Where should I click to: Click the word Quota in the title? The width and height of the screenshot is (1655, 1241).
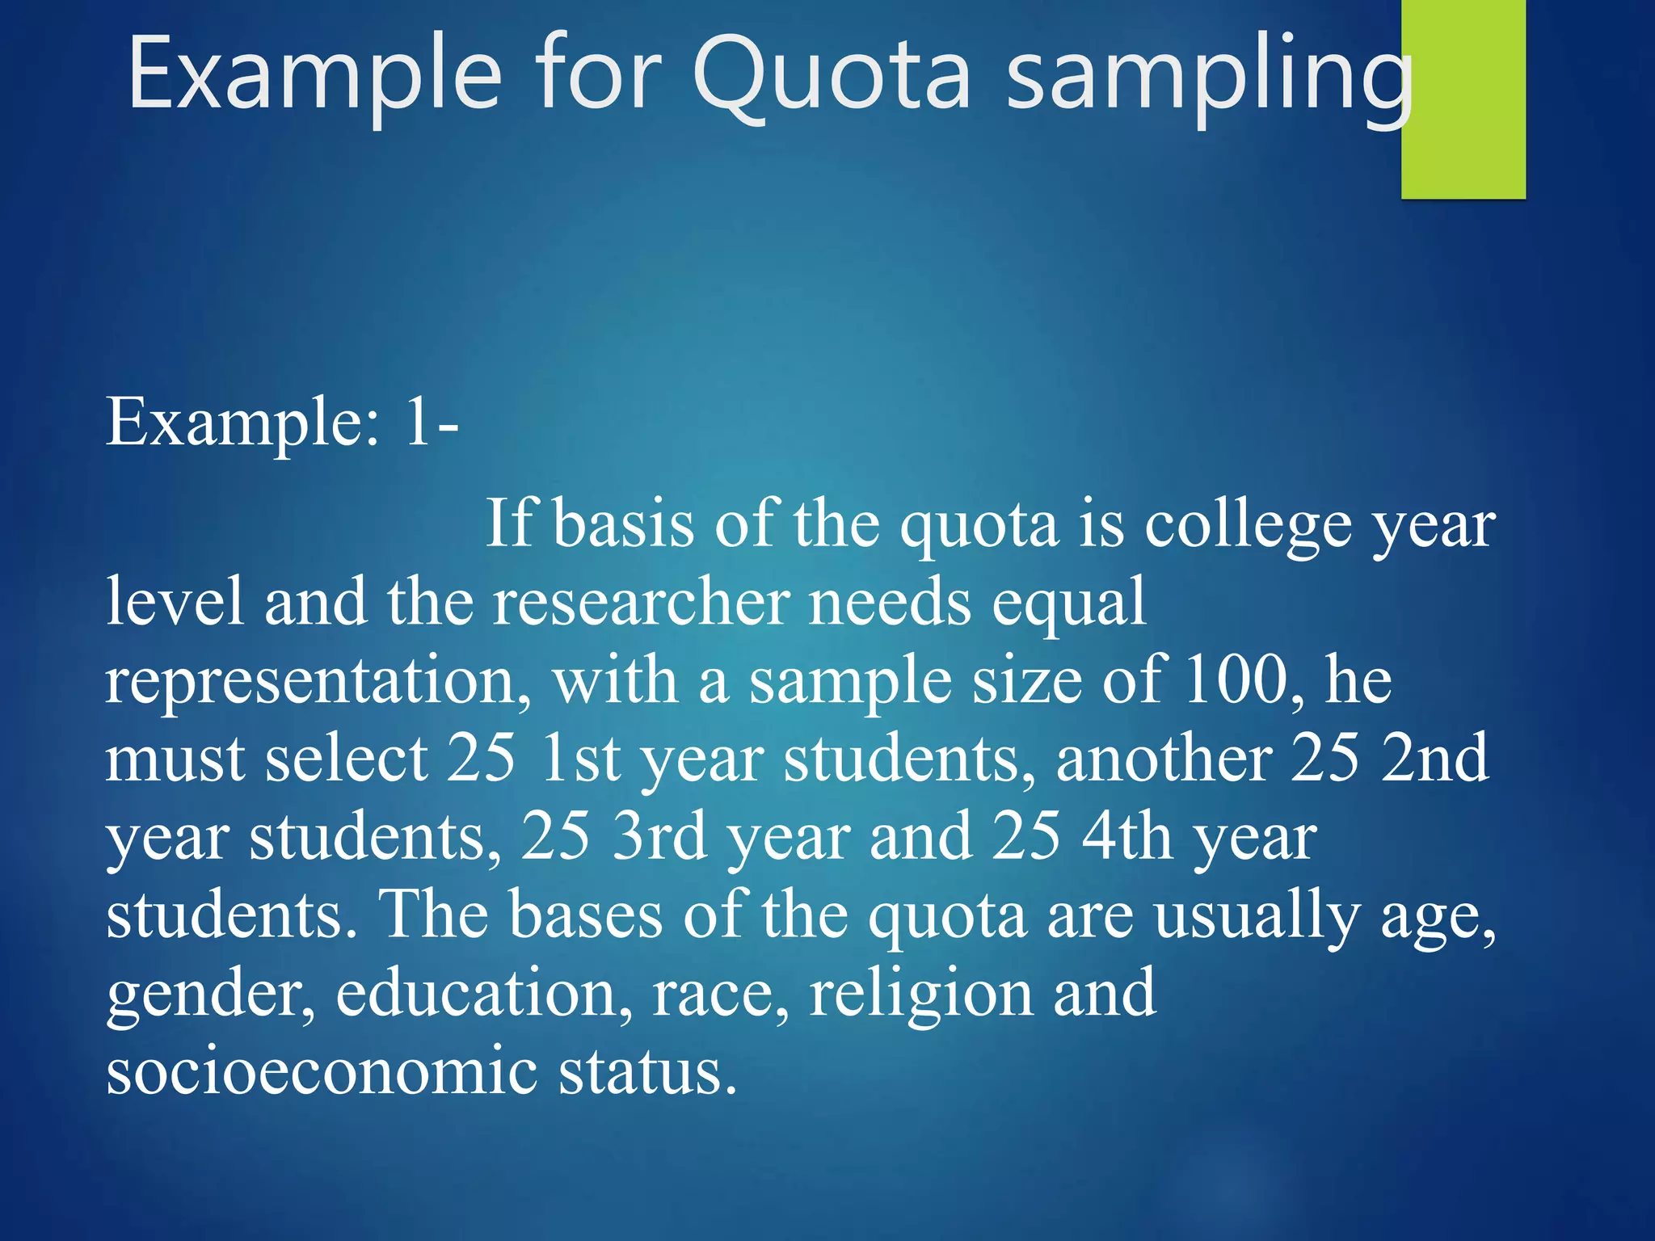[x=832, y=77]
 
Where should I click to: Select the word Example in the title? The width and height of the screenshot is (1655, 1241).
[x=315, y=77]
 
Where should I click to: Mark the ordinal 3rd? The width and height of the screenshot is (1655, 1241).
[x=659, y=836]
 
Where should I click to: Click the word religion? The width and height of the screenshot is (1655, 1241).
[x=920, y=994]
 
